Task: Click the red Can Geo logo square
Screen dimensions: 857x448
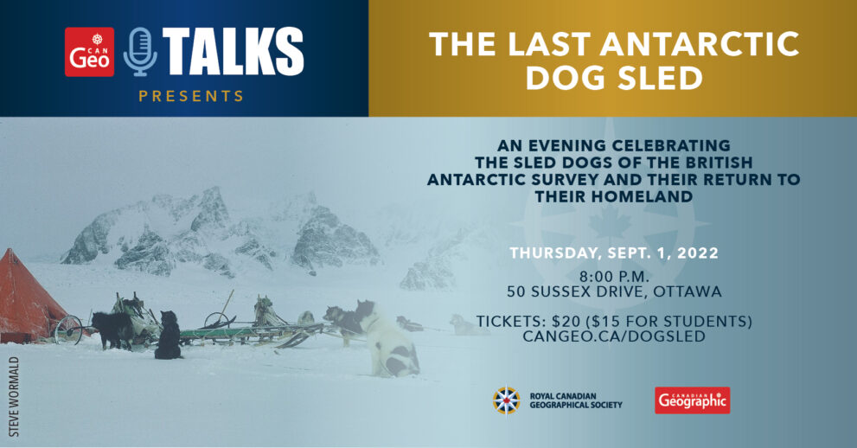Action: (x=90, y=52)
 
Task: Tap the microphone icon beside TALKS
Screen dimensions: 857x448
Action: (x=140, y=52)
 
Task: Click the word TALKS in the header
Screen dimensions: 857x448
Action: (x=233, y=52)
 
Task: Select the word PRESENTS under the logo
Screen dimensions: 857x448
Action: (x=191, y=96)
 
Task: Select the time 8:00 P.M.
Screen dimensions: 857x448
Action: (x=614, y=276)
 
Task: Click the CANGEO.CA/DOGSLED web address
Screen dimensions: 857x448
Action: (x=614, y=336)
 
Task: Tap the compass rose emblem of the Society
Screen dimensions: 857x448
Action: (x=506, y=400)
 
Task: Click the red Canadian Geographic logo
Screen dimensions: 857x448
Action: (x=693, y=400)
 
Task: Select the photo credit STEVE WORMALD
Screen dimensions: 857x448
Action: (x=14, y=397)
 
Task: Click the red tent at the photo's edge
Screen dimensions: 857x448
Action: (x=30, y=297)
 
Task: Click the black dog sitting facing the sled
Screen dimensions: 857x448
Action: (x=169, y=336)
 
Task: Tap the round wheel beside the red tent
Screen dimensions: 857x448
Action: (x=68, y=330)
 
